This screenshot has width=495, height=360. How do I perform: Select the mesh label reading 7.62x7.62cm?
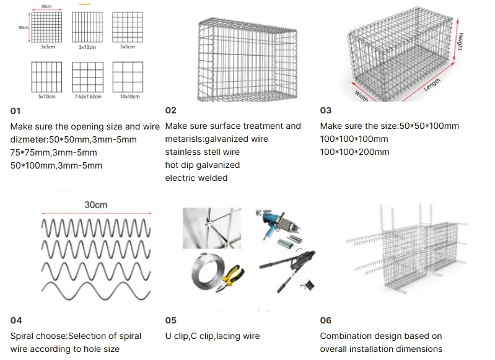point(87,97)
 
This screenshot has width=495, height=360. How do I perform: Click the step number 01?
point(15,111)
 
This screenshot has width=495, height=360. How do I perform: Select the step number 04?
point(16,320)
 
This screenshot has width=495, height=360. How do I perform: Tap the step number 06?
point(326,320)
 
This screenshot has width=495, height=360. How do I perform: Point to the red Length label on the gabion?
point(431,83)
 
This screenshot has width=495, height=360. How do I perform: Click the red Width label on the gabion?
point(362,94)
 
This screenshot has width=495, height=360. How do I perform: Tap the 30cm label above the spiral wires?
point(95,205)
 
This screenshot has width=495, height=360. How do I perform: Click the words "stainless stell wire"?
point(202,152)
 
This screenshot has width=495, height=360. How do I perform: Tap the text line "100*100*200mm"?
point(354,152)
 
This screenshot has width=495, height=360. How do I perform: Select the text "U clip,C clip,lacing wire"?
point(212,336)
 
